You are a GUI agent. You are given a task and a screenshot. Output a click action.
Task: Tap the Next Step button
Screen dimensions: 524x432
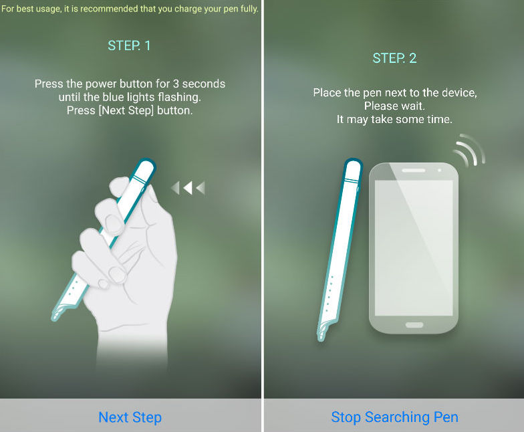130,417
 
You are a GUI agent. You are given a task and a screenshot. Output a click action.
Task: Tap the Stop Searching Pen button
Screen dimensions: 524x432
394,417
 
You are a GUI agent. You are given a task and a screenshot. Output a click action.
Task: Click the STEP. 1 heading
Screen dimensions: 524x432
129,45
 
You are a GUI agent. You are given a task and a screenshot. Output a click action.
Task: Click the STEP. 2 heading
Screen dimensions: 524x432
394,58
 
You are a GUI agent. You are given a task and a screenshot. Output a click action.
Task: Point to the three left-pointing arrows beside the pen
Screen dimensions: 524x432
188,188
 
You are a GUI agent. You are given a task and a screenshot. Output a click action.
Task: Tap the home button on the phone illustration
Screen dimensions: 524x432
414,325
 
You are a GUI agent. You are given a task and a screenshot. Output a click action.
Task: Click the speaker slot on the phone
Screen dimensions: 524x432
413,171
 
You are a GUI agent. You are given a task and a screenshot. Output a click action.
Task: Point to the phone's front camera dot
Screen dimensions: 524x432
440,171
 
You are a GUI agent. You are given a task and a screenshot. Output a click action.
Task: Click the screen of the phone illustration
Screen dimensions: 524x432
414,247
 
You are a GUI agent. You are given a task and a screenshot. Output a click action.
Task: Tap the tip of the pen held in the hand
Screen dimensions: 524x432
53,318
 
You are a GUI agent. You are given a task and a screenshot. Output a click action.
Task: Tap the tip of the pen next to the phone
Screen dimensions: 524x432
319,338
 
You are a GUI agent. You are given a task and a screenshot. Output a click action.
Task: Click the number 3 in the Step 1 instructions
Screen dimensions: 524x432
176,84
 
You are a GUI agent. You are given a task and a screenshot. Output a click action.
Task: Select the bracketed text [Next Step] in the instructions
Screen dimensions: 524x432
126,110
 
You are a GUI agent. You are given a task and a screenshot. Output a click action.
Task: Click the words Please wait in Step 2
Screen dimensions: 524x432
394,106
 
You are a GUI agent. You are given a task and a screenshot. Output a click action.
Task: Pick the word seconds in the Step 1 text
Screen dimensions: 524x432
204,84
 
